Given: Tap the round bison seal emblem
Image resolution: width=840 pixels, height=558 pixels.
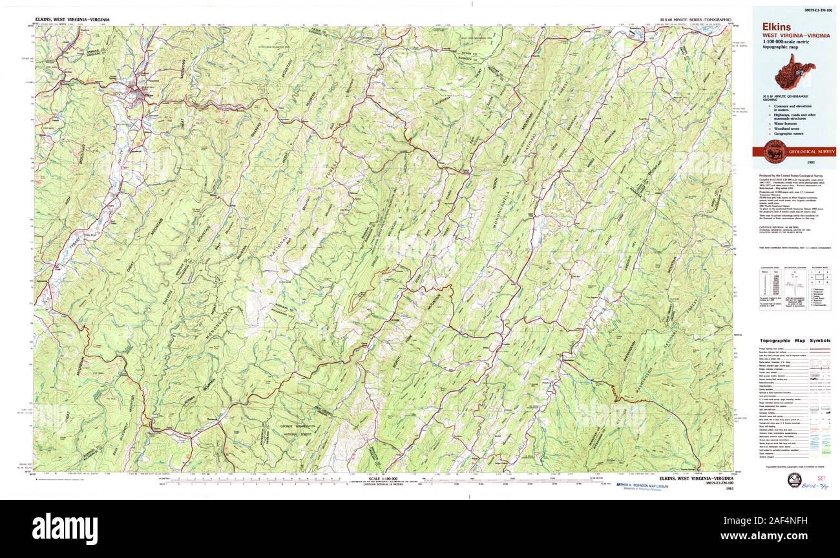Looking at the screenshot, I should coord(775,151).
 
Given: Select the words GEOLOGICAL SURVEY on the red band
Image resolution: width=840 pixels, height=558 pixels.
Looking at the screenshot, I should coord(812,152).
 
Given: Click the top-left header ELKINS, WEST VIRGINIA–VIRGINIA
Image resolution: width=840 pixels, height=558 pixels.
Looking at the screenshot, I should coord(72,20).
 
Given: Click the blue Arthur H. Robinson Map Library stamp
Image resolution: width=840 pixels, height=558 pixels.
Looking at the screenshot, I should coord(642,486).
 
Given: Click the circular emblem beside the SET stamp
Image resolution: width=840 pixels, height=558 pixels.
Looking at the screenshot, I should coord(794,480).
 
